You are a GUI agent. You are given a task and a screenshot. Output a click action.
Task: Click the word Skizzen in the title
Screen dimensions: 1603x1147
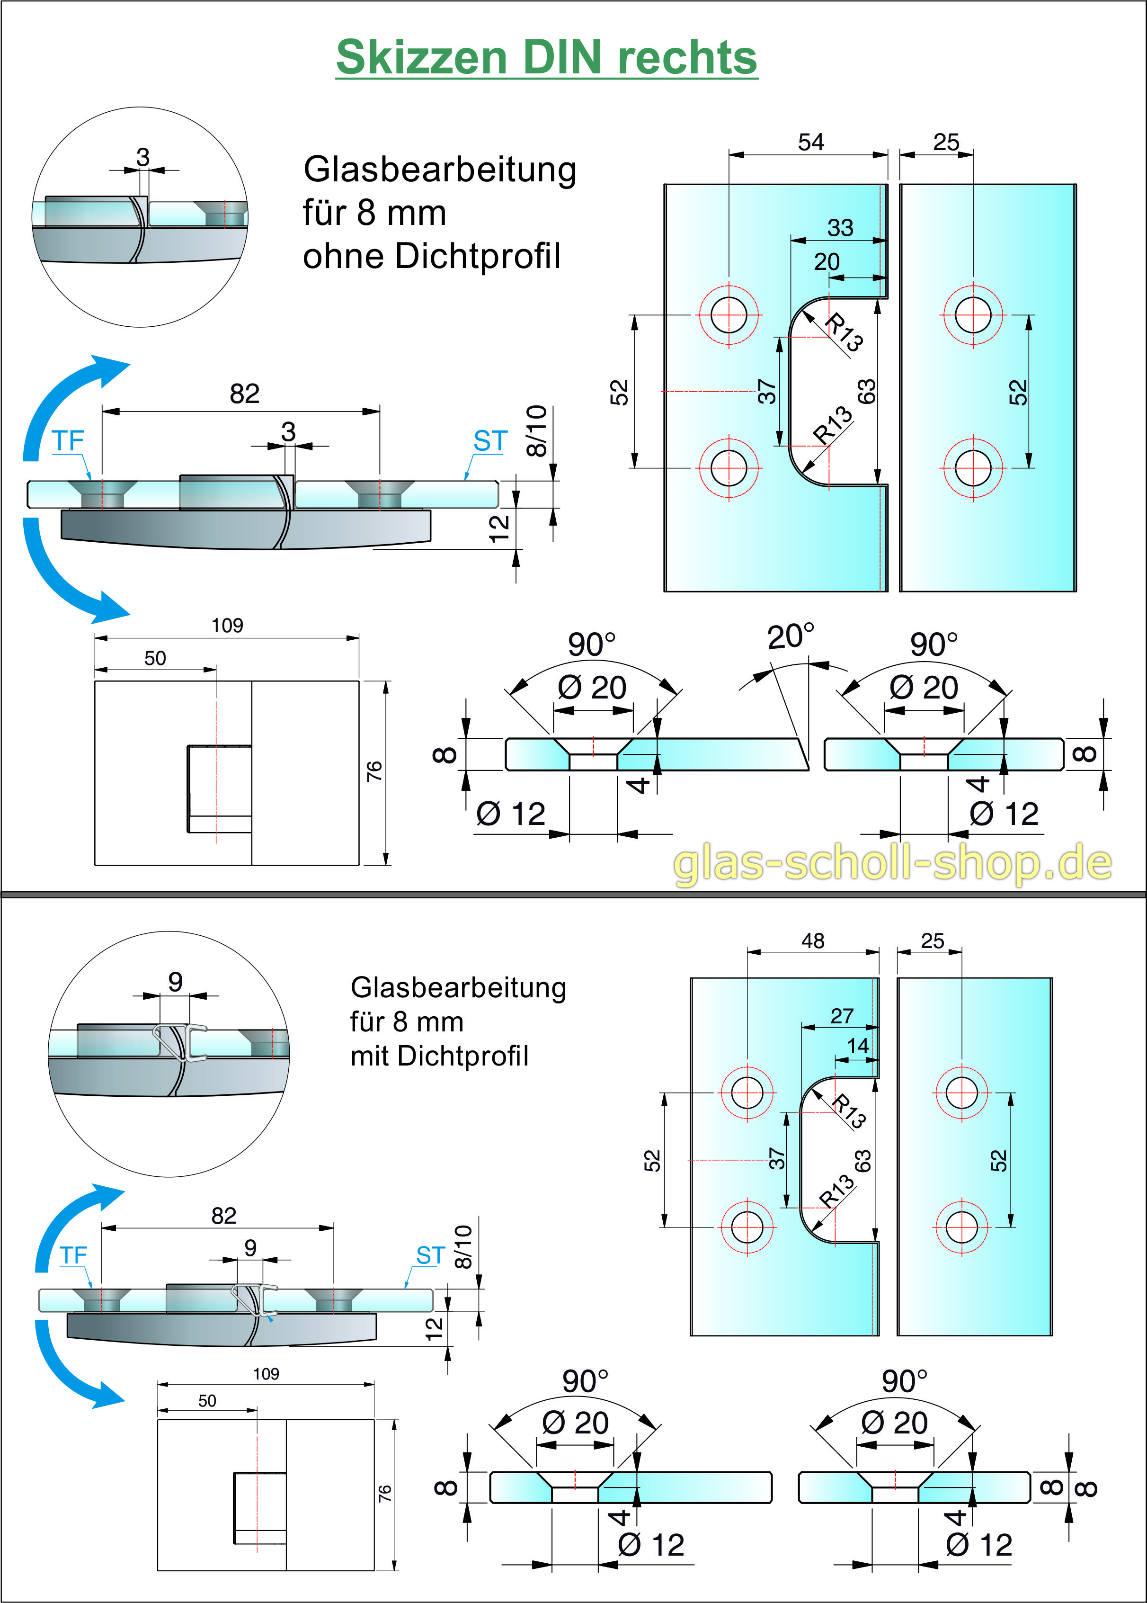click(421, 58)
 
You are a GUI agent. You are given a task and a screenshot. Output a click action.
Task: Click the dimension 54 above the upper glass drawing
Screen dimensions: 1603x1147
click(811, 142)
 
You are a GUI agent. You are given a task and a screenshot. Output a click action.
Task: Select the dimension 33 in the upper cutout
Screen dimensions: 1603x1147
click(840, 227)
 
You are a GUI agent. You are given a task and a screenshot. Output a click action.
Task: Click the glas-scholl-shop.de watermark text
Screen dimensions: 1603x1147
click(892, 863)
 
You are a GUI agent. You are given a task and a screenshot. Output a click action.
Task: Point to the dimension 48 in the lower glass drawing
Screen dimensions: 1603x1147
click(812, 940)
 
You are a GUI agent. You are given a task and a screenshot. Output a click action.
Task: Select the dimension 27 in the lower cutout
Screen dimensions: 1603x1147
click(841, 1016)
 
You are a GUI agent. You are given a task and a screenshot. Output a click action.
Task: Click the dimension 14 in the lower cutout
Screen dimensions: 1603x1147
click(857, 1046)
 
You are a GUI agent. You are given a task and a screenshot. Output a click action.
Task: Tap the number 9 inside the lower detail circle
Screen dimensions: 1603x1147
click(175, 981)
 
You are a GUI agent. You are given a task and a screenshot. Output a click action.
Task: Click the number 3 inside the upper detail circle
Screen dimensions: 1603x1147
click(142, 157)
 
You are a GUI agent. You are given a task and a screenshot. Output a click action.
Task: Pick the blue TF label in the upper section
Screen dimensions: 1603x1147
click(68, 441)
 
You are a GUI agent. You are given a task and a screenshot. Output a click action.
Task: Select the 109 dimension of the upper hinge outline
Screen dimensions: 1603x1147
click(227, 625)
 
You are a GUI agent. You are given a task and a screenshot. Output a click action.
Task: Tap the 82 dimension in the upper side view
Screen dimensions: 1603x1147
click(244, 394)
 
